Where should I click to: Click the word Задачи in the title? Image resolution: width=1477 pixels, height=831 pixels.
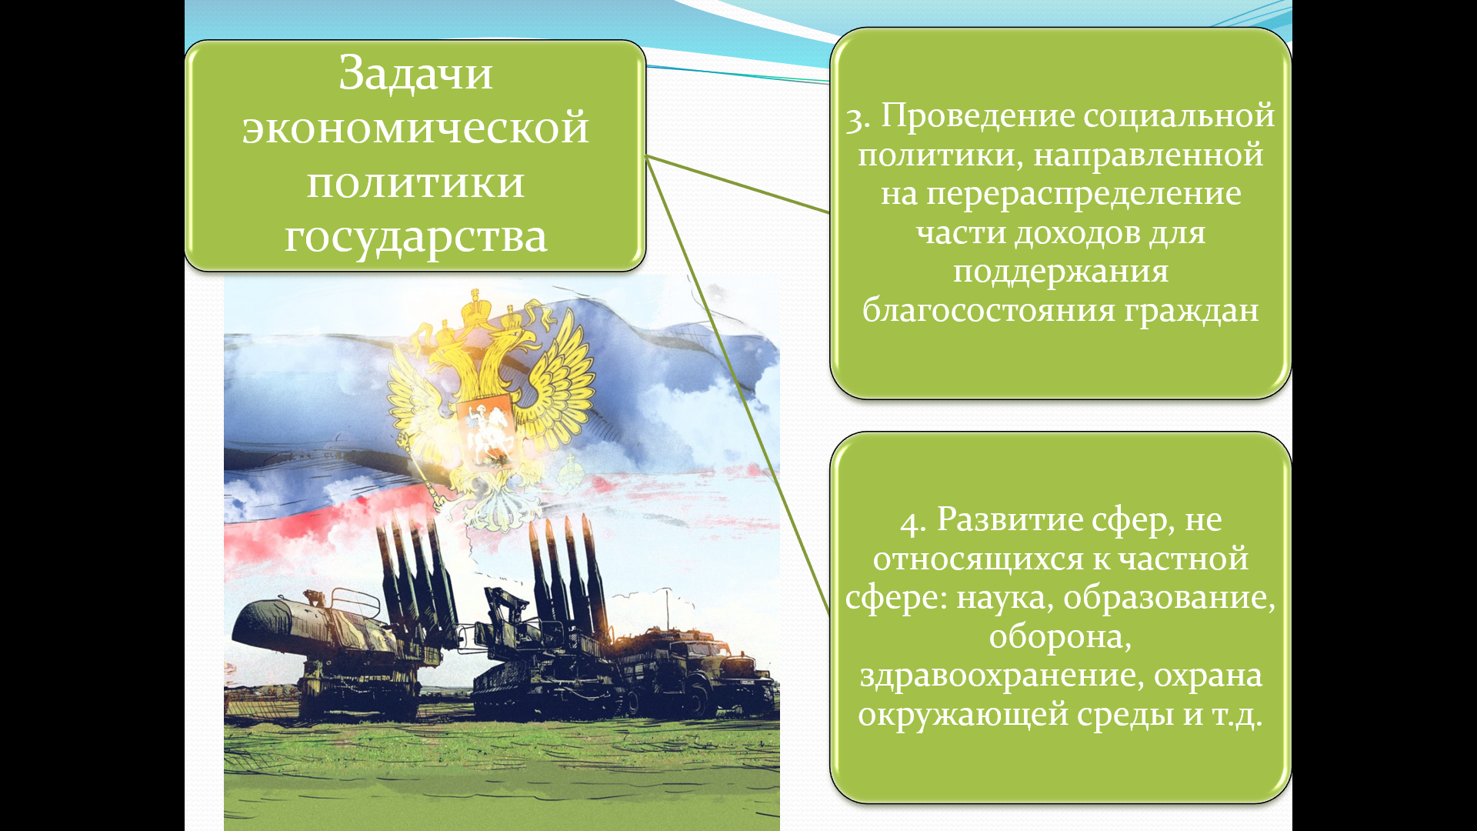pos(415,74)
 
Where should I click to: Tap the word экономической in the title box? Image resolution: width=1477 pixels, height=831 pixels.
pos(415,128)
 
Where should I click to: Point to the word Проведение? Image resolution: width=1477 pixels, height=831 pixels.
pos(979,115)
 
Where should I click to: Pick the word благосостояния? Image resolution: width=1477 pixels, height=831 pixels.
pos(989,310)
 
